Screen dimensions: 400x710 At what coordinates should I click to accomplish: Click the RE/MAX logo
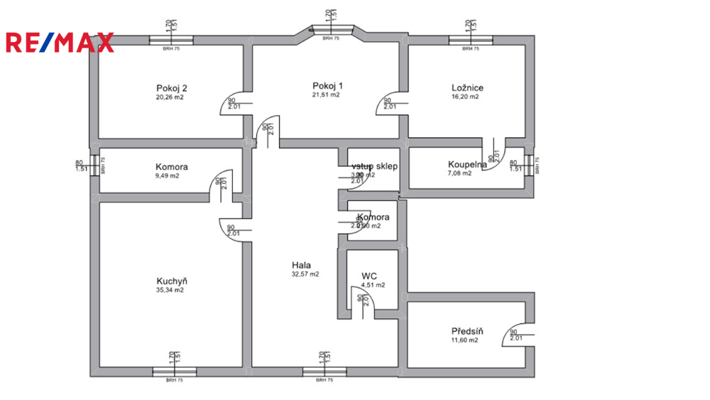coord(60,43)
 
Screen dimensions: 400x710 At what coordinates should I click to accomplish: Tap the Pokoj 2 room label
coord(172,88)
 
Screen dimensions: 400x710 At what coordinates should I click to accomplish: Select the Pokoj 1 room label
coord(327,85)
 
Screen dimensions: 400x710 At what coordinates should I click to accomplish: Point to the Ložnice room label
coord(467,88)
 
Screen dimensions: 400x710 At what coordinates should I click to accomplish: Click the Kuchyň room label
coord(171,281)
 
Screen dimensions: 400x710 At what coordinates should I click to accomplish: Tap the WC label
coord(368,275)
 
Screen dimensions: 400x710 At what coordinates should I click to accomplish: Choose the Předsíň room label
coord(467,331)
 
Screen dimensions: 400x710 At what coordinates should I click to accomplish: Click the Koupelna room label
coord(466,164)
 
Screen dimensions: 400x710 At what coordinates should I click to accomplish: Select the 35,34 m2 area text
coord(170,291)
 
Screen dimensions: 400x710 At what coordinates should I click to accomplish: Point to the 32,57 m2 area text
coord(305,274)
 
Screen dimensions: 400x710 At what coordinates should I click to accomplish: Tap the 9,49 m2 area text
coord(168,175)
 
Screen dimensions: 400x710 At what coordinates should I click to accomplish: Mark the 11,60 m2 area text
coord(465,340)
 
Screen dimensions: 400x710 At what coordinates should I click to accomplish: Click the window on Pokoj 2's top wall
coord(171,40)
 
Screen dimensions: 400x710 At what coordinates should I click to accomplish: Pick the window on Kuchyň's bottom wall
coord(171,372)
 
